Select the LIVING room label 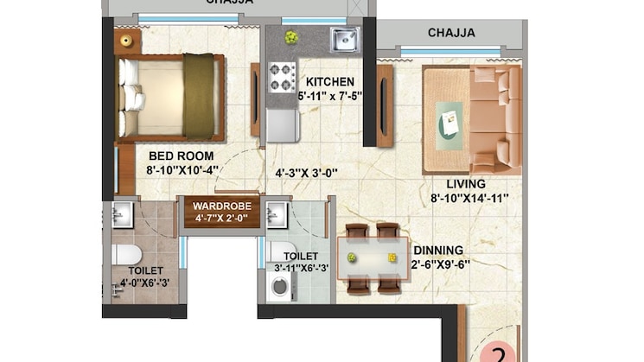[x=465, y=184]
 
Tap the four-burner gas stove [x=281, y=76]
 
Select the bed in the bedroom [x=171, y=97]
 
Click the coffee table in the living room [x=452, y=119]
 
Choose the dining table [x=373, y=257]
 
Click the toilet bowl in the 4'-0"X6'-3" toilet [x=126, y=255]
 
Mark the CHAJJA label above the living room [x=450, y=33]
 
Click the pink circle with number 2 [x=500, y=353]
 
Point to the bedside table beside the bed [x=127, y=41]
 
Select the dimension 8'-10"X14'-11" [x=469, y=198]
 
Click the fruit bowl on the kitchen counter [x=291, y=37]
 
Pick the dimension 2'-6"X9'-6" [x=440, y=265]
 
